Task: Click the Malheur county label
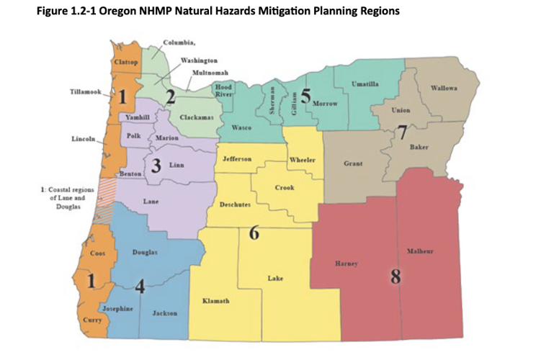tap(420, 251)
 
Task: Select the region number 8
tap(395, 276)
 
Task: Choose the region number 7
tap(402, 131)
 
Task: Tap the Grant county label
tap(353, 164)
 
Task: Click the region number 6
tap(254, 233)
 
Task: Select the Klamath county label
tap(216, 300)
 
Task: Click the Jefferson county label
tap(237, 158)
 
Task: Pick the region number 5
tap(305, 97)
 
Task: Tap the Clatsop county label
tap(126, 63)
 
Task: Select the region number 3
tap(155, 166)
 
